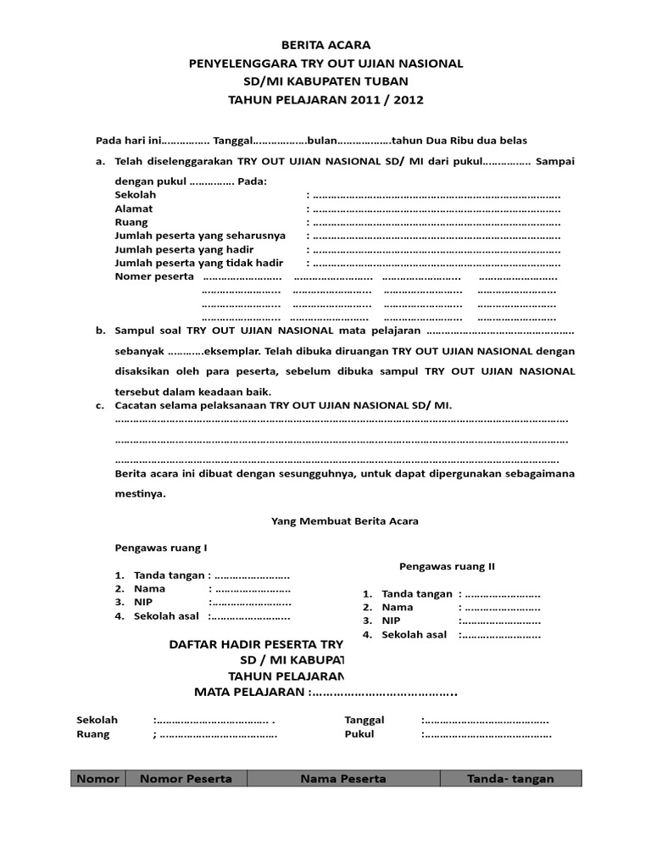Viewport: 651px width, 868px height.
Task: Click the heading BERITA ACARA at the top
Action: pyautogui.click(x=325, y=45)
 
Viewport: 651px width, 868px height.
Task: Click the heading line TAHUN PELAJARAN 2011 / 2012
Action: pyautogui.click(x=325, y=99)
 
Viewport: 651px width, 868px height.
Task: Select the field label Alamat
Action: pyautogui.click(x=134, y=209)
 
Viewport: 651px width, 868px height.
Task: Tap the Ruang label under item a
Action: pyautogui.click(x=131, y=222)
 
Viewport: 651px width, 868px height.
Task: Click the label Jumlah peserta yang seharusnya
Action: pyautogui.click(x=200, y=236)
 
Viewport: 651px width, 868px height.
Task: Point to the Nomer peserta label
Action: pyautogui.click(x=154, y=277)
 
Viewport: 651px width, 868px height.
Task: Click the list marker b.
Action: pyautogui.click(x=99, y=331)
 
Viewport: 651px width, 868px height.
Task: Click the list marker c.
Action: pyautogui.click(x=99, y=405)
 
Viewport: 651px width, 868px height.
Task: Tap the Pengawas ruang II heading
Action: pyautogui.click(x=447, y=565)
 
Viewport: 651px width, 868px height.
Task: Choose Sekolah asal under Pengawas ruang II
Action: pyautogui.click(x=414, y=634)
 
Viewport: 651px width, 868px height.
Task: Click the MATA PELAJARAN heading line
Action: pyautogui.click(x=326, y=693)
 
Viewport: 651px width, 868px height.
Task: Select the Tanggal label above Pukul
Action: pyautogui.click(x=364, y=720)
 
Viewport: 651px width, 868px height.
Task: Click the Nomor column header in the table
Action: pyautogui.click(x=98, y=778)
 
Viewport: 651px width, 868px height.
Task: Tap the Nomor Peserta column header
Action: pyautogui.click(x=186, y=778)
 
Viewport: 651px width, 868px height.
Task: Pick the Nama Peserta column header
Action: pyautogui.click(x=343, y=778)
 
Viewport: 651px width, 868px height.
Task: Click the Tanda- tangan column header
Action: pyautogui.click(x=510, y=778)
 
